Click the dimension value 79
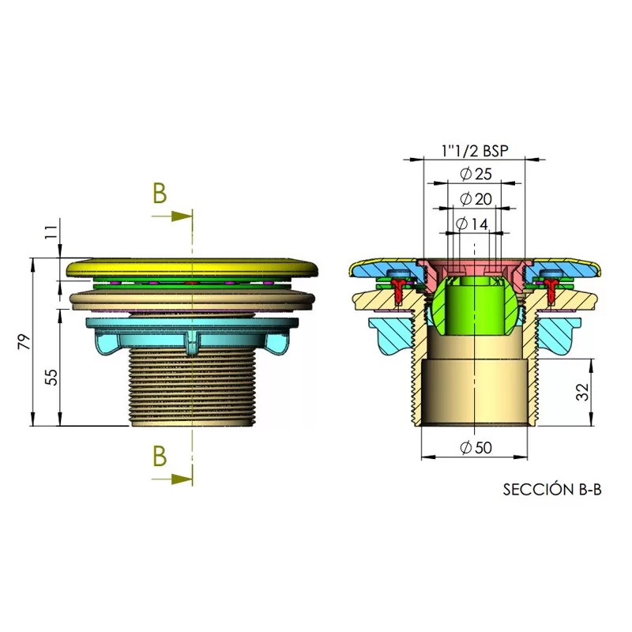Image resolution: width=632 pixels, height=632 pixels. click(24, 342)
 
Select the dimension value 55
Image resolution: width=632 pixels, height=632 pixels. click(51, 378)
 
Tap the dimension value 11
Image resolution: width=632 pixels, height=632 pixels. click(51, 232)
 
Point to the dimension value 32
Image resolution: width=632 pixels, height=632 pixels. click(582, 392)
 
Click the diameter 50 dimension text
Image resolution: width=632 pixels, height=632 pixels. click(476, 447)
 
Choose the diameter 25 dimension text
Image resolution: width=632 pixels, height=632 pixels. click(476, 174)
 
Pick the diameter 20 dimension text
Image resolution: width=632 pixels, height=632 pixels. click(476, 199)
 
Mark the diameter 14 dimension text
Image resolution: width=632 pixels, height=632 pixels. click(472, 224)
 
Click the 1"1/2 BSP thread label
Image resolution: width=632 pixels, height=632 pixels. click(475, 151)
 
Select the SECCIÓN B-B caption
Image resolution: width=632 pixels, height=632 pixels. click(552, 489)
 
